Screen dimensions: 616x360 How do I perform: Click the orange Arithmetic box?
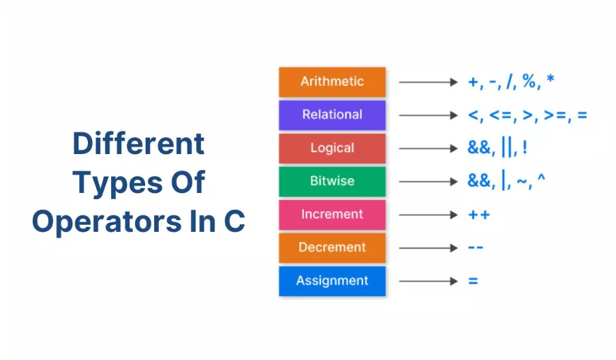pos(333,82)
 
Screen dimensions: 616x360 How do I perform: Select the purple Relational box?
pos(333,115)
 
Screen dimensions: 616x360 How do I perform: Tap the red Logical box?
pos(333,148)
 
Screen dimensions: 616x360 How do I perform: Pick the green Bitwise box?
pos(333,181)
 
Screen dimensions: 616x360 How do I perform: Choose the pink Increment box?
pos(333,215)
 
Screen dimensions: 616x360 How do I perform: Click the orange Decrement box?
pos(333,247)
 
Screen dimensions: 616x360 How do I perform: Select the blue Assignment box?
pos(333,281)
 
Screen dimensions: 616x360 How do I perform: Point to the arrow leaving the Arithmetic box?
pos(428,82)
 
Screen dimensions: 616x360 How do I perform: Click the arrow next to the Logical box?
pos(428,149)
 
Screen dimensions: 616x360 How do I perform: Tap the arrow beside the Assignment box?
pos(428,281)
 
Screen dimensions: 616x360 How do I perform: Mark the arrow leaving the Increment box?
pos(428,215)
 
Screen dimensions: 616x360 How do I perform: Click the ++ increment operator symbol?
pos(479,215)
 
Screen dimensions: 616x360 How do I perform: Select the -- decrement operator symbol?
pos(476,247)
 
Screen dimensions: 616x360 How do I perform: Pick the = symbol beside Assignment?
pos(473,281)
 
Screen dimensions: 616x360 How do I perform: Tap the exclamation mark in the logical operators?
pos(525,148)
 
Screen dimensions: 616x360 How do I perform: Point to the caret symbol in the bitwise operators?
pos(541,178)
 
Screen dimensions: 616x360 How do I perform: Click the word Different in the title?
pos(139,143)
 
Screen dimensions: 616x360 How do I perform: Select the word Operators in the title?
pos(106,222)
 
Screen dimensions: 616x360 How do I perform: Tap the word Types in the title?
pos(117,183)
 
